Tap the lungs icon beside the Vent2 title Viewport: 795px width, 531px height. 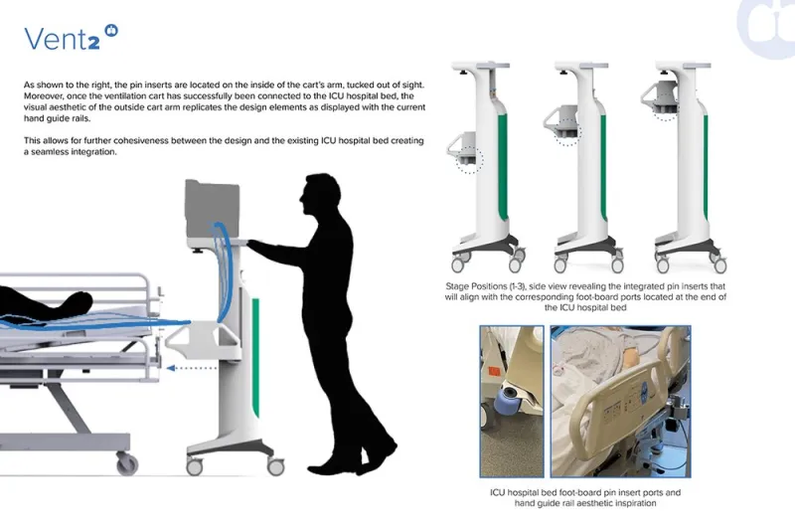pos(111,31)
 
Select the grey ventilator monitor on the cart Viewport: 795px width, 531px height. pos(212,209)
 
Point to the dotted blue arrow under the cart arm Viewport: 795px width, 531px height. pos(192,368)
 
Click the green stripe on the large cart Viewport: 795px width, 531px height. pos(256,358)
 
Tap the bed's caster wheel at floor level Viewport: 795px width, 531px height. pos(127,462)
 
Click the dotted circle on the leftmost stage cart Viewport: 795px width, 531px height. pos(469,160)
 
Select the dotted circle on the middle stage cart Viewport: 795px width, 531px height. pos(567,132)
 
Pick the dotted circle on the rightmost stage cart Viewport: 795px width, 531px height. pos(665,112)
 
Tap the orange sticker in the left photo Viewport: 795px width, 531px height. pos(493,370)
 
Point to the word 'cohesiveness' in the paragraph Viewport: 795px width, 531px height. pos(201,140)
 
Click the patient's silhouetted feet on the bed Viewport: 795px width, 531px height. pos(77,301)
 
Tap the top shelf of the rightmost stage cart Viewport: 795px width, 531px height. pos(684,66)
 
